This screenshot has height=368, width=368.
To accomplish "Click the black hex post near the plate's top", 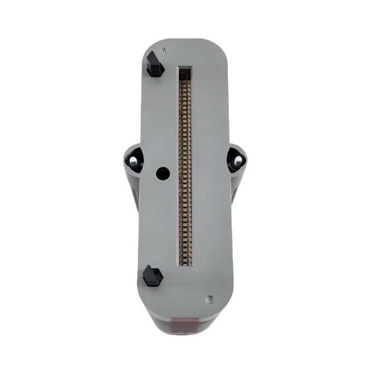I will (x=155, y=65).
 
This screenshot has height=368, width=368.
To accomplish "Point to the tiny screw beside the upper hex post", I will (x=163, y=49).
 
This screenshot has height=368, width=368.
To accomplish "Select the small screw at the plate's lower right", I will (x=208, y=298).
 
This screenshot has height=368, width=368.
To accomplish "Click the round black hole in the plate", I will (x=163, y=173).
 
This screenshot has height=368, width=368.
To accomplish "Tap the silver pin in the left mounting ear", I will (x=133, y=161).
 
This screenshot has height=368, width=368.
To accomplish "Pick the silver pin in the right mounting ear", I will (x=238, y=161).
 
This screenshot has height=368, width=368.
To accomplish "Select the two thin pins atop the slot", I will (x=185, y=73).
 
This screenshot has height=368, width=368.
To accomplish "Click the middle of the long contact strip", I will (x=185, y=170).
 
